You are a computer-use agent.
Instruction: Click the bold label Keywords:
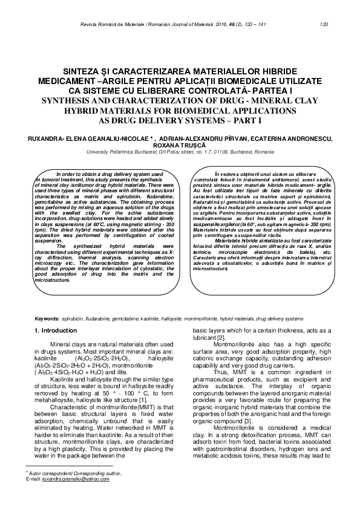(47, 317)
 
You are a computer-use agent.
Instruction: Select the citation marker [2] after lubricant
(222, 337)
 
